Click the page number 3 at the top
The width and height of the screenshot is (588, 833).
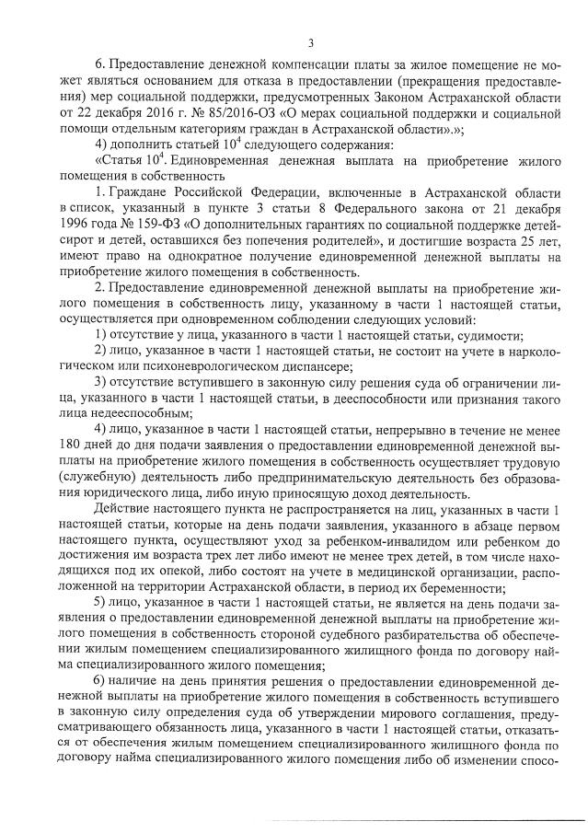(310, 41)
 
